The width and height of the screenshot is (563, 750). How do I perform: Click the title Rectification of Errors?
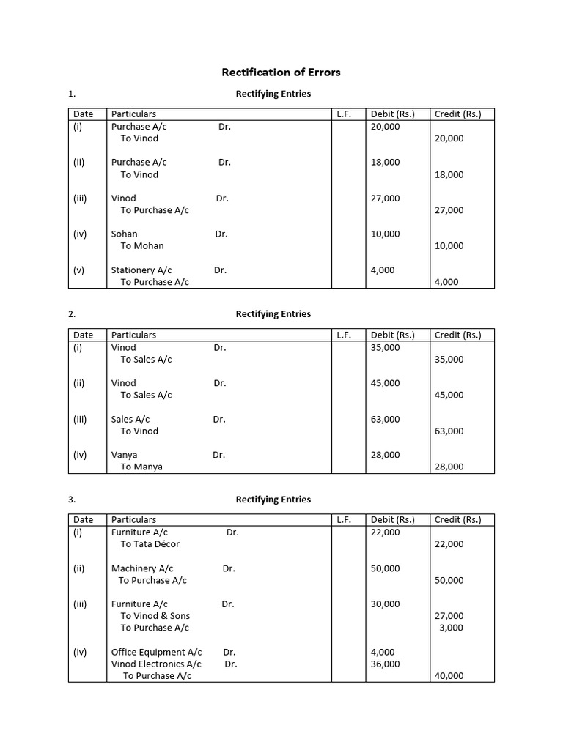281,73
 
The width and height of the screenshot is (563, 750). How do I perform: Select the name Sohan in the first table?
124,234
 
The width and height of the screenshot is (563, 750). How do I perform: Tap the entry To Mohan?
142,246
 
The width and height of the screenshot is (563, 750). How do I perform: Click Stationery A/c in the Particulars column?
141,270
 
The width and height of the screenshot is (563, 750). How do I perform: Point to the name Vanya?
124,455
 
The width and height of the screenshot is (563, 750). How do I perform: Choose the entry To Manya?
141,467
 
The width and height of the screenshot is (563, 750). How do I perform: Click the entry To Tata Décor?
150,544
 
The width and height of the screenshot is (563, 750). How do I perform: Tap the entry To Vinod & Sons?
155,616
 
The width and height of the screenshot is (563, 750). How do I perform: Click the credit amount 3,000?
451,628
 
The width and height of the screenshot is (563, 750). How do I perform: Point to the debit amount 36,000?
386,664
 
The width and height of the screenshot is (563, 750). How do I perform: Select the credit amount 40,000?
449,676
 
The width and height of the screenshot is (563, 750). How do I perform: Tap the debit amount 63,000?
386,419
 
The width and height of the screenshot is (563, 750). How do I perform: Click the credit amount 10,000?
449,246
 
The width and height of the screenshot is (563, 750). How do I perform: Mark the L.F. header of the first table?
344,114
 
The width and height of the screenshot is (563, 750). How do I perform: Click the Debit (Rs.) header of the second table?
392,335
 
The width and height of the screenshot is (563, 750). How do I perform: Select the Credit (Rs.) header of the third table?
457,519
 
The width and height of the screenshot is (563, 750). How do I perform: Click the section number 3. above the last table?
72,500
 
